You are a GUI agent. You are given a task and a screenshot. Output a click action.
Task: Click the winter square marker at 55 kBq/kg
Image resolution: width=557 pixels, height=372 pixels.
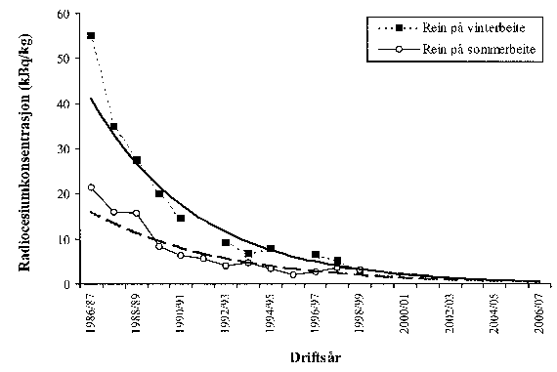pyautogui.click(x=91, y=36)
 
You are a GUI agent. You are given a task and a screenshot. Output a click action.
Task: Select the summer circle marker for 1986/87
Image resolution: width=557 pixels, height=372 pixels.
pyautogui.click(x=91, y=187)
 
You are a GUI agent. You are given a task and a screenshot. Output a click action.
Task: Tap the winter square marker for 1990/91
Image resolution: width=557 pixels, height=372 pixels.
pyautogui.click(x=181, y=218)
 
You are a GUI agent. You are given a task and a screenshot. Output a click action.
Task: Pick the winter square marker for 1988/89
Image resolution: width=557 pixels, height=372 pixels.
pyautogui.click(x=136, y=160)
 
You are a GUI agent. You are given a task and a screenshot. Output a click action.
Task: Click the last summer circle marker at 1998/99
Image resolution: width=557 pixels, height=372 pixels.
pyautogui.click(x=360, y=269)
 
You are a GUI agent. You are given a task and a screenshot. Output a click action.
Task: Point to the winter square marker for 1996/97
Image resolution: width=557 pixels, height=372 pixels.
pyautogui.click(x=316, y=255)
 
